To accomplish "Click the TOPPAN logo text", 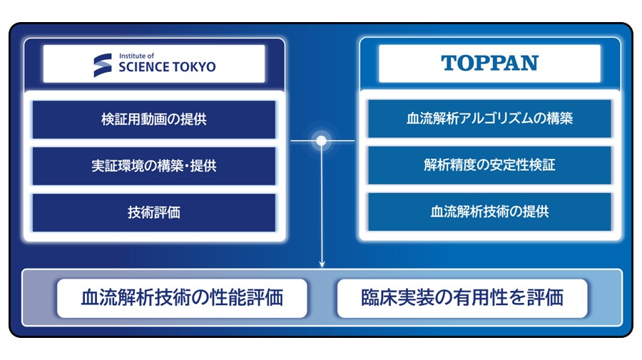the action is (x=489, y=63).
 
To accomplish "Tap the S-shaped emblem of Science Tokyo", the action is (x=102, y=65).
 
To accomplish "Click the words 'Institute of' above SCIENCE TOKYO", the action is (x=136, y=56).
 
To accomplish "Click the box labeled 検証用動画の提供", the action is (x=154, y=120).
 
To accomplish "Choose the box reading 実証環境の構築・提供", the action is (x=154, y=166).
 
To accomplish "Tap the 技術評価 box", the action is (x=154, y=212).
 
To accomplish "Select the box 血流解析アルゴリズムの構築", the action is (x=489, y=118).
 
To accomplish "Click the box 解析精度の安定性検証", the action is (x=489, y=165).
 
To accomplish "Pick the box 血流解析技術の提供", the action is (x=489, y=212).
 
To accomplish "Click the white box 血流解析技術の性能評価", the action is (x=182, y=298).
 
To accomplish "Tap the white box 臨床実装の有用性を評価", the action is (x=462, y=298).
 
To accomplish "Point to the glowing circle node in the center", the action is (x=322, y=140).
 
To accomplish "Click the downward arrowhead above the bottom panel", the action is (x=322, y=264).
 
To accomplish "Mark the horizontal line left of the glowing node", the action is (x=303, y=140).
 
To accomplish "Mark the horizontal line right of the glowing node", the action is (x=341, y=140).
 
